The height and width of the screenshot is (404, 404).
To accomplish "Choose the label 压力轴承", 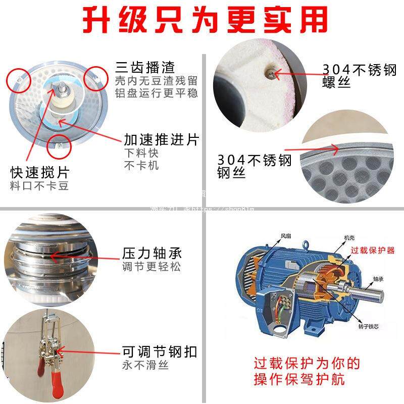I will pos(152,253).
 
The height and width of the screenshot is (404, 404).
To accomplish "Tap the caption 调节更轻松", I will pos(151,267).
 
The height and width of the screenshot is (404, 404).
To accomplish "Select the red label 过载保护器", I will pos(373,250).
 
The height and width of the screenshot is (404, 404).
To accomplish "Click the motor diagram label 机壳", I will pos(349,237).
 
